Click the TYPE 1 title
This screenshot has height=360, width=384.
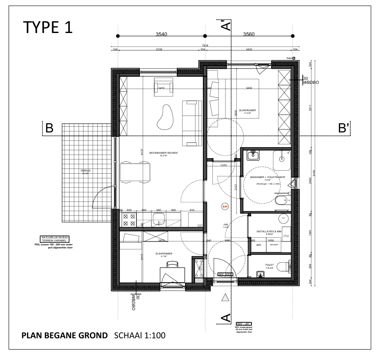[x=48, y=27]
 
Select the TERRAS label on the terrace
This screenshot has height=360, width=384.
[x=85, y=171]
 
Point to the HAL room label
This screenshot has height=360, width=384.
[x=225, y=224]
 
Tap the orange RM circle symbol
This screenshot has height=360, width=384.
[x=225, y=207]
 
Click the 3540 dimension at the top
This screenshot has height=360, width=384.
[x=161, y=33]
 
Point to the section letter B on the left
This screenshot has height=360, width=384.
[x=50, y=129]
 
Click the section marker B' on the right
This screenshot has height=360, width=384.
[x=344, y=129]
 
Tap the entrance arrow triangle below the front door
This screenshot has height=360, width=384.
[x=225, y=297]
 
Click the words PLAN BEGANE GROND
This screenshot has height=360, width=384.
[x=65, y=336]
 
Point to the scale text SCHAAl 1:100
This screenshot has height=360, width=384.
[x=139, y=336]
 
